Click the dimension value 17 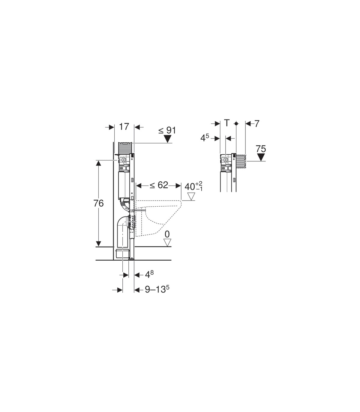click(x=124, y=127)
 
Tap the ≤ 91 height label click(x=167, y=130)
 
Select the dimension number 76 click(x=98, y=203)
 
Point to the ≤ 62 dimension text click(x=159, y=185)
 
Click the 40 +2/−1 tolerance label click(x=193, y=186)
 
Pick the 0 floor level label click(x=167, y=234)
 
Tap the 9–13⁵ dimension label click(x=157, y=289)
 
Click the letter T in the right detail click(x=227, y=123)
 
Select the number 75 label click(x=261, y=149)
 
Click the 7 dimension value click(x=257, y=124)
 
